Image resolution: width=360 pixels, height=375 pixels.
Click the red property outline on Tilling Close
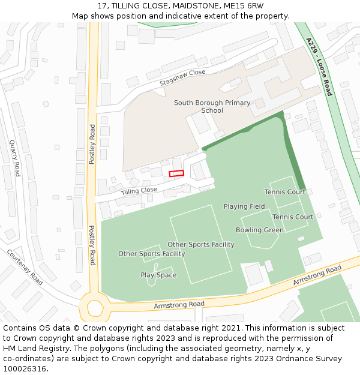[176, 173]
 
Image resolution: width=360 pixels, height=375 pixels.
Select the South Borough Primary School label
[212, 106]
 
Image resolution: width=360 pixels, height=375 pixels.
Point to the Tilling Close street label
[139, 191]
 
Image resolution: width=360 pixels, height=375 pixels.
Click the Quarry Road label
[14, 158]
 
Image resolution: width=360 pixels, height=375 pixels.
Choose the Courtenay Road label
[25, 267]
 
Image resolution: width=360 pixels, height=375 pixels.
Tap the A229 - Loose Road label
[319, 67]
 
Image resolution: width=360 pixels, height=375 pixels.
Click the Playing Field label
[244, 206]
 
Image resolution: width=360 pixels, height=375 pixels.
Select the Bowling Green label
[260, 230]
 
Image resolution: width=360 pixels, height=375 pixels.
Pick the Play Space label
[158, 275]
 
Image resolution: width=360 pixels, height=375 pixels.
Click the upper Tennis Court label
[285, 192]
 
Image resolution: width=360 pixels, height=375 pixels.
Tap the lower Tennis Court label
[293, 217]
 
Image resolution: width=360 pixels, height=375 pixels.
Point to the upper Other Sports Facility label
[201, 244]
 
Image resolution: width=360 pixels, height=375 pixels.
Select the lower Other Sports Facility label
[151, 253]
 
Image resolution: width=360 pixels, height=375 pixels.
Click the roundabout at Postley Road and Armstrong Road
[94, 308]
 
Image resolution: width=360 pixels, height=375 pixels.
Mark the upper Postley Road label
[92, 144]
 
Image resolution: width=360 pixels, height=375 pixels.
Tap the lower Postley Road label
[92, 245]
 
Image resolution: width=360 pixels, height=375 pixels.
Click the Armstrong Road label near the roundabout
[179, 304]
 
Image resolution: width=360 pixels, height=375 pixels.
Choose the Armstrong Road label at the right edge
[317, 275]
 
